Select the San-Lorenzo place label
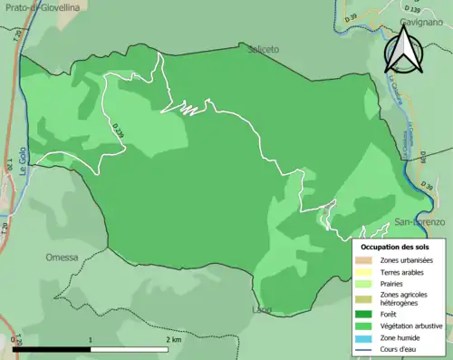click(x=419, y=221)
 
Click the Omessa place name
click(x=62, y=257)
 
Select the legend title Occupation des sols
click(x=398, y=246)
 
